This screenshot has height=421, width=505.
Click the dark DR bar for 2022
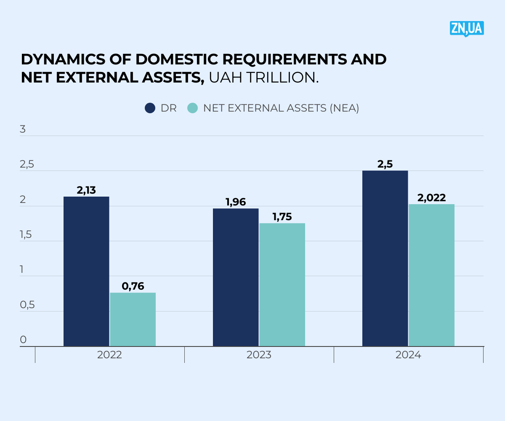click(86, 272)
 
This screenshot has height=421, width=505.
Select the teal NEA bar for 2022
click(133, 320)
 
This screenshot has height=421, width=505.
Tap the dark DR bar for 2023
click(236, 277)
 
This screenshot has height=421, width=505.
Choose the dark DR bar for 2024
click(385, 258)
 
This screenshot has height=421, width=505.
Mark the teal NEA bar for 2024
click(431, 275)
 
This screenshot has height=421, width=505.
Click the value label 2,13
click(86, 190)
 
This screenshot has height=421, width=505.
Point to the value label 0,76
click(133, 286)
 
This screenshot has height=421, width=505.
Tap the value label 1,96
click(236, 202)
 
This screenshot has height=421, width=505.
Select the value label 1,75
click(282, 217)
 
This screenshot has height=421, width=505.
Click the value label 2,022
click(432, 198)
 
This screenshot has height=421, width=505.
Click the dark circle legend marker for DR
click(150, 108)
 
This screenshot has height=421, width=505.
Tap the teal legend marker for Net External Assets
click(192, 108)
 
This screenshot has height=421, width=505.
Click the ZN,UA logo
click(467, 29)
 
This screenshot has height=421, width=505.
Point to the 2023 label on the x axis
click(259, 355)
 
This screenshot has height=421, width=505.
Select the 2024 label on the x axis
click(408, 355)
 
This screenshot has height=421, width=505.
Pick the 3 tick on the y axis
click(23, 130)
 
